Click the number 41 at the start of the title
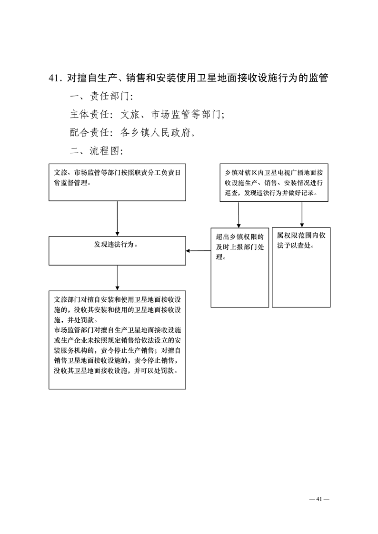click(54, 79)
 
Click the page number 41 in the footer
click(319, 499)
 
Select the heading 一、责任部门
click(101, 97)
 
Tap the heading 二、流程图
click(96, 151)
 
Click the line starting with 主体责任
click(147, 115)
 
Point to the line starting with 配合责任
click(133, 133)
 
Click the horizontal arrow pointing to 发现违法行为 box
click(198, 251)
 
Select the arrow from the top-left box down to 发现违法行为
click(117, 218)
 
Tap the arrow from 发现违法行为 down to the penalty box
click(117, 278)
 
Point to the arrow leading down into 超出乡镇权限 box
click(239, 215)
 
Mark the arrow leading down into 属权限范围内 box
click(302, 215)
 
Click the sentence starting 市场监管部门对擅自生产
click(117, 350)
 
